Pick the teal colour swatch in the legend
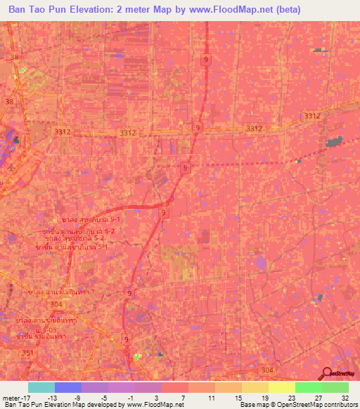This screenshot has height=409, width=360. [x=41, y=387]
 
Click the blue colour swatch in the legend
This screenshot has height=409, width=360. [x=68, y=387]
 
